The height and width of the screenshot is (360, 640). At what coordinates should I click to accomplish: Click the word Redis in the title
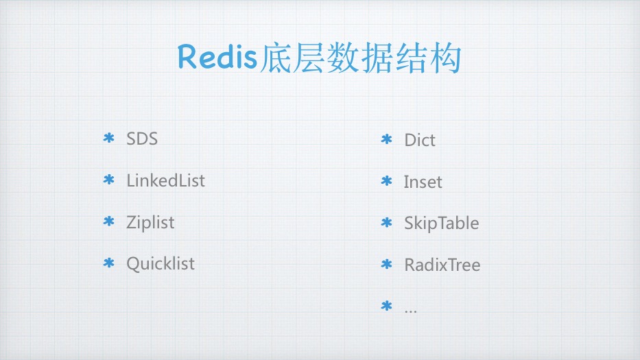[x=218, y=58]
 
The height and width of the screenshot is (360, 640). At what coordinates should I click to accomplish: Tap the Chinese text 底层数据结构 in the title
[x=360, y=58]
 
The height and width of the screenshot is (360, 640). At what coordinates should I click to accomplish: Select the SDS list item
[x=142, y=139]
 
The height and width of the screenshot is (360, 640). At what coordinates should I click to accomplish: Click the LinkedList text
[x=165, y=180]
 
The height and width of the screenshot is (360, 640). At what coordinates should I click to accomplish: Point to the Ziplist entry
[x=150, y=222]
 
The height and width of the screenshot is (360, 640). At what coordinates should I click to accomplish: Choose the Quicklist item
[x=161, y=263]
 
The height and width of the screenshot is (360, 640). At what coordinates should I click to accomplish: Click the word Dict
[x=420, y=140]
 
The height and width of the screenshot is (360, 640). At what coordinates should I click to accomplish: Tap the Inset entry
[x=423, y=182]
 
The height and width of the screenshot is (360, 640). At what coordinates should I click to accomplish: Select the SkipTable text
[x=441, y=223]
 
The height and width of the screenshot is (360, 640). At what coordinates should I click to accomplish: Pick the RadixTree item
[x=442, y=265]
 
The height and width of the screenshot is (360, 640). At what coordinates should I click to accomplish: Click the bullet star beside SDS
[x=108, y=139]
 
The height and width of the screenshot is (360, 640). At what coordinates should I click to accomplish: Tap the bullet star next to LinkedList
[x=108, y=180]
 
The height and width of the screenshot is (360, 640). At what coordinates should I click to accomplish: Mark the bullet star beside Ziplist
[x=108, y=222]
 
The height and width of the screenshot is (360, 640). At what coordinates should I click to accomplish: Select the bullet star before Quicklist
[x=108, y=263]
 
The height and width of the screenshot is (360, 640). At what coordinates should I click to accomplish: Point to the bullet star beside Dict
[x=386, y=140]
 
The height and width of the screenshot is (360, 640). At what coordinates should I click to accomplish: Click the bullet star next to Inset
[x=386, y=182]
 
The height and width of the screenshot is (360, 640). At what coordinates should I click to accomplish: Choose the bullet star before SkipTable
[x=386, y=223]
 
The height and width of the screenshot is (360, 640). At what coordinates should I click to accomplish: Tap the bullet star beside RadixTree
[x=386, y=265]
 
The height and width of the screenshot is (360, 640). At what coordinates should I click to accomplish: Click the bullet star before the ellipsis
[x=386, y=306]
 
